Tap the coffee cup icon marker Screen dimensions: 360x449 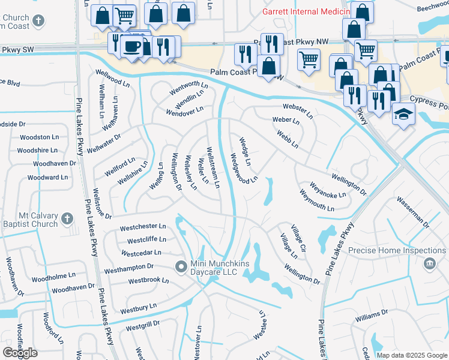(x=131, y=46)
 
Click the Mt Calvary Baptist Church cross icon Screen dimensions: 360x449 (x=67, y=220)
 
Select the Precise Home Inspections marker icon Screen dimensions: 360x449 (x=430, y=263)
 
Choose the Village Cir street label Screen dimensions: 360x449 (x=299, y=238)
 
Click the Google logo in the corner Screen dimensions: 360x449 (x=20, y=352)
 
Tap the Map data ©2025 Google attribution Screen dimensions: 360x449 (x=411, y=355)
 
